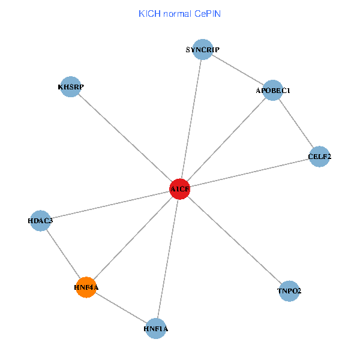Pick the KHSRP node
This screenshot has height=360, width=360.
pos(71,87)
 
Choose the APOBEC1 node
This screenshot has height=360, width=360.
pos(273,91)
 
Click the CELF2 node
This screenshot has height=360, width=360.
pos(319,157)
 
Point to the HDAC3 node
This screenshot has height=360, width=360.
pos(40,220)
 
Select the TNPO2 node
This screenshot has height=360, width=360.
pos(289,291)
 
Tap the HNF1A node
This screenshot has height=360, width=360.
pos(156,328)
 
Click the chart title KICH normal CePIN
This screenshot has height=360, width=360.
pos(179,13)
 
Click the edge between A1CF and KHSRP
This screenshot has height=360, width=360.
pos(125,138)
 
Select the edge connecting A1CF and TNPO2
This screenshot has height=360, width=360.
pos(235,240)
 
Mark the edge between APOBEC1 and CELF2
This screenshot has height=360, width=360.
pos(296,124)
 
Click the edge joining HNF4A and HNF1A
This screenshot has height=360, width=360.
pos(121,308)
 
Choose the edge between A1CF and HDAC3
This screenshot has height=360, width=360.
pos(110,205)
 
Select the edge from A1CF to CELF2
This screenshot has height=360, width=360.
pos(250,173)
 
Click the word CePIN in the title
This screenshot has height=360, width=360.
pos(206,13)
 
